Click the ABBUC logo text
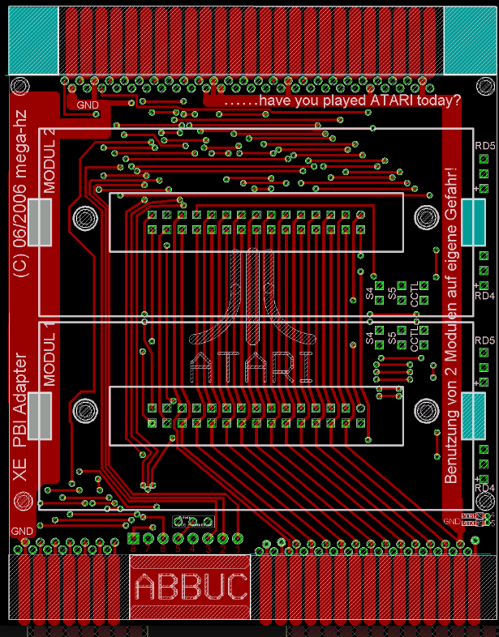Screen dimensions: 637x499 click(191, 586)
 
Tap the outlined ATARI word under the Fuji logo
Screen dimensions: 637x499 click(251, 366)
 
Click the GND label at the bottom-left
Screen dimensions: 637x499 click(20, 531)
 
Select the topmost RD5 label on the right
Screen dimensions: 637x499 click(484, 146)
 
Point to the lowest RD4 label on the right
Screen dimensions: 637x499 click(484, 487)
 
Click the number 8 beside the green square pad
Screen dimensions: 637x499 click(134, 549)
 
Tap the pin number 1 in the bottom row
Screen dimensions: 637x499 click(237, 549)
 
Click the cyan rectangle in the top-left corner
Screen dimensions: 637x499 click(34, 40)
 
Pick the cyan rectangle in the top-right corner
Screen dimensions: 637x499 click(469, 40)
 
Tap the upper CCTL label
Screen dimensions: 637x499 click(415, 293)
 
